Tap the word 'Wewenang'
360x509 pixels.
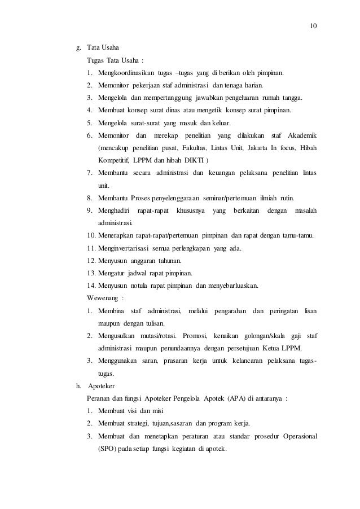pos(102,298)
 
